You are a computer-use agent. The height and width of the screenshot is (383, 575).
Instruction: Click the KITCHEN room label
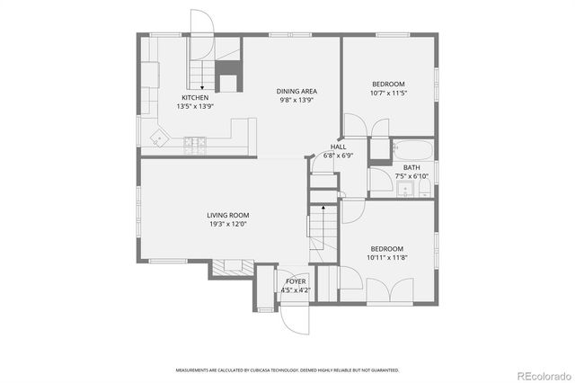pos(196,97)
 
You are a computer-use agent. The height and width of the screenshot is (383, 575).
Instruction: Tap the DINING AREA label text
pos(296,91)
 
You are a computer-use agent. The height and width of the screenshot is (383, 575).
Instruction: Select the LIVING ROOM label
pos(227,215)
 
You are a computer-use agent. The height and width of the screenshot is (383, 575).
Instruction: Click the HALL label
pos(338,147)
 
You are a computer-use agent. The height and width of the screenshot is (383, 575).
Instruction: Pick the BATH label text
pos(411,167)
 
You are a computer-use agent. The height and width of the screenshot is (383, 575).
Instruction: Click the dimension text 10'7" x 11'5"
pos(389,94)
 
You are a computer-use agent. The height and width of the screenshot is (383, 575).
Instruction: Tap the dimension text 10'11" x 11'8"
pos(387,257)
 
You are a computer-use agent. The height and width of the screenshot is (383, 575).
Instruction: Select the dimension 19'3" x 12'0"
pos(227,224)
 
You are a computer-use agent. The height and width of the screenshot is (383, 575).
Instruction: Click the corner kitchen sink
pos(160,138)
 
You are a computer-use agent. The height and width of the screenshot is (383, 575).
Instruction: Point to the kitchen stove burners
pos(194,140)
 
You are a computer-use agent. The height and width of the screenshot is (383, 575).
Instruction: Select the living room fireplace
pos(231,266)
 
